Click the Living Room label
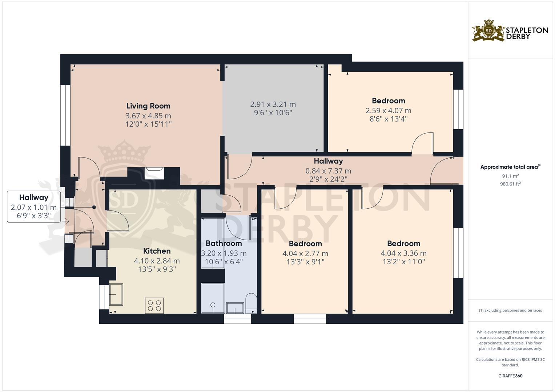click(x=148, y=106)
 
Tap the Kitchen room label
click(x=157, y=251)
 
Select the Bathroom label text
click(x=224, y=243)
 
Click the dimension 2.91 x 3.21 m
click(x=273, y=105)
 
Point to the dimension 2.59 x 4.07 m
click(x=388, y=111)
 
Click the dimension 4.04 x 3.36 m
click(x=403, y=253)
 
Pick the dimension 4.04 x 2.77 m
click(x=305, y=253)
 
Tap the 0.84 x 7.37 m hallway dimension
click(x=328, y=171)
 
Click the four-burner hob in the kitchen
click(x=154, y=305)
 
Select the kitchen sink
click(x=116, y=294)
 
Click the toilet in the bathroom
click(x=251, y=303)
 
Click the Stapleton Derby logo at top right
click(x=510, y=30)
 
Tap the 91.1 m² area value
click(x=510, y=176)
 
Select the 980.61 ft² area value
click(x=510, y=184)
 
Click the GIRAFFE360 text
click(x=510, y=376)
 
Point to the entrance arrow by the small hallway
click(x=66, y=221)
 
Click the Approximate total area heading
click(x=510, y=167)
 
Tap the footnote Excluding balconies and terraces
click(x=510, y=310)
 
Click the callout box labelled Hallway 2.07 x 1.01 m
click(x=34, y=207)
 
